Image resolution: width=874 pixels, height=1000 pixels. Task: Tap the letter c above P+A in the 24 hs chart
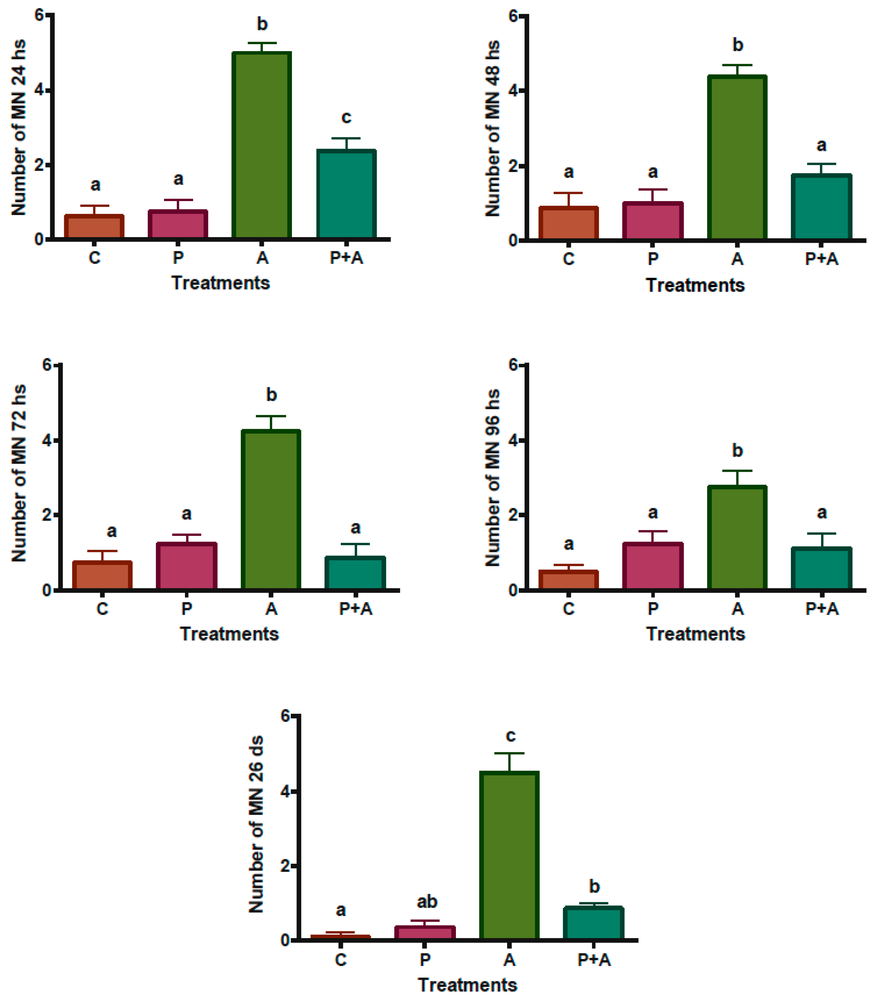pos(346,117)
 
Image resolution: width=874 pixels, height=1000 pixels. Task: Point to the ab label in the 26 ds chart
pos(427,902)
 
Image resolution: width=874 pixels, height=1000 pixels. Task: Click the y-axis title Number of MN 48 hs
pos(493,128)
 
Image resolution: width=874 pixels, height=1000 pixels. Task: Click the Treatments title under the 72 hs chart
pos(229,634)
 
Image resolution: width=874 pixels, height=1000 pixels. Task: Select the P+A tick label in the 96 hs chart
pos(822,608)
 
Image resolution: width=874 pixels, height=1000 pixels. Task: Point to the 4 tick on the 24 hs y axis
pos(39,90)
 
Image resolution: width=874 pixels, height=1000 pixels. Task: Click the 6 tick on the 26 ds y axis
pos(285,716)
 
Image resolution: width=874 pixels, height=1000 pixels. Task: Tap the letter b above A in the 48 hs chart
pos(737,45)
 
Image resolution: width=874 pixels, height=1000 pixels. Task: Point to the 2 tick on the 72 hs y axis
pos(47,515)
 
